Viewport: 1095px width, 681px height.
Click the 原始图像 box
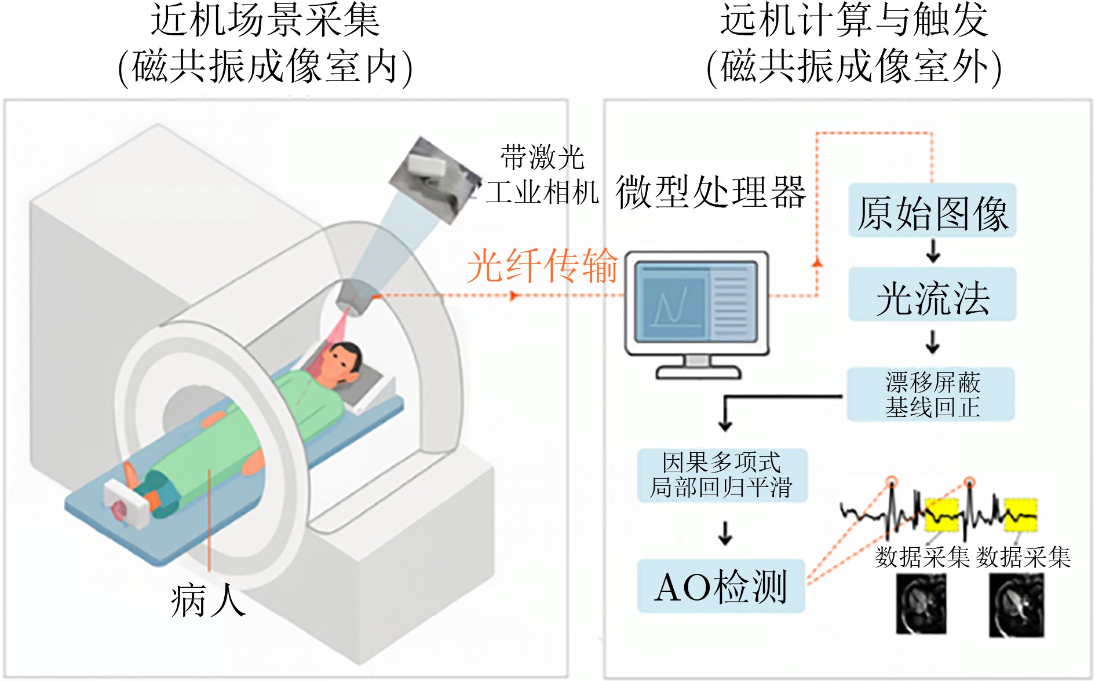coord(932,211)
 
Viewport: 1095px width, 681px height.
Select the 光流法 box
coord(932,295)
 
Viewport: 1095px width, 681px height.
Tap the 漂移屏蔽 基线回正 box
coord(931,394)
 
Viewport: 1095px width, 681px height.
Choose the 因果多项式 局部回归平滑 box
coord(722,475)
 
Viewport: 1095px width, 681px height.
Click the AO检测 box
coord(721,586)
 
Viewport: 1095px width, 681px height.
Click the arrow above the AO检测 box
coord(725,533)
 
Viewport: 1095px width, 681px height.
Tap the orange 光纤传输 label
coord(542,266)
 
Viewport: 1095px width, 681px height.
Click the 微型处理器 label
coord(710,192)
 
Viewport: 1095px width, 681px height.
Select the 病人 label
coord(207,601)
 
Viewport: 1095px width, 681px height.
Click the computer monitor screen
coord(696,301)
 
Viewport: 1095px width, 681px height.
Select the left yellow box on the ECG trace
coord(941,515)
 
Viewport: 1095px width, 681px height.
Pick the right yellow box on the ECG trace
coord(1020,515)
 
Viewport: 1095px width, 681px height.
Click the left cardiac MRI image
coord(921,603)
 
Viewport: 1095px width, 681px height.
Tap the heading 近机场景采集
coord(265,21)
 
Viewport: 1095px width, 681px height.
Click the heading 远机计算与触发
coord(853,21)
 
